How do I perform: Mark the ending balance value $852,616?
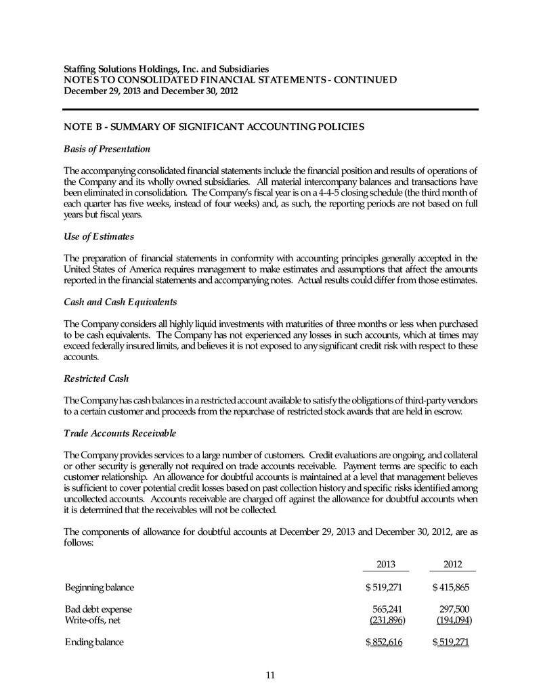[x=383, y=642]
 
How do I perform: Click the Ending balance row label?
[x=94, y=642]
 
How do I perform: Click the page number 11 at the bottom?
[x=270, y=674]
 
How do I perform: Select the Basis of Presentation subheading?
[x=106, y=148]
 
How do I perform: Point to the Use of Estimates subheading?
[x=98, y=236]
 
